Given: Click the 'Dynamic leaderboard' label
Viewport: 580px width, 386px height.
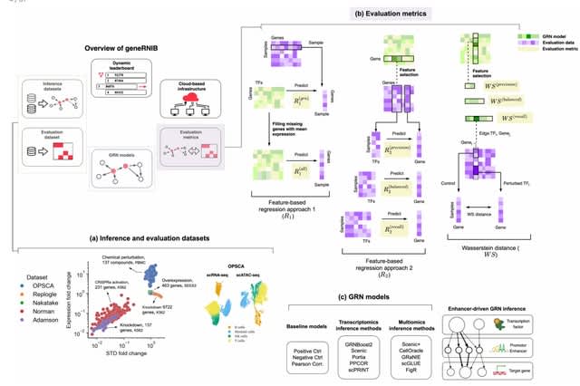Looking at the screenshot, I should click(121, 64).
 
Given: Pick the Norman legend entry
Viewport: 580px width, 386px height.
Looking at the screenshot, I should click(42, 297).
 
